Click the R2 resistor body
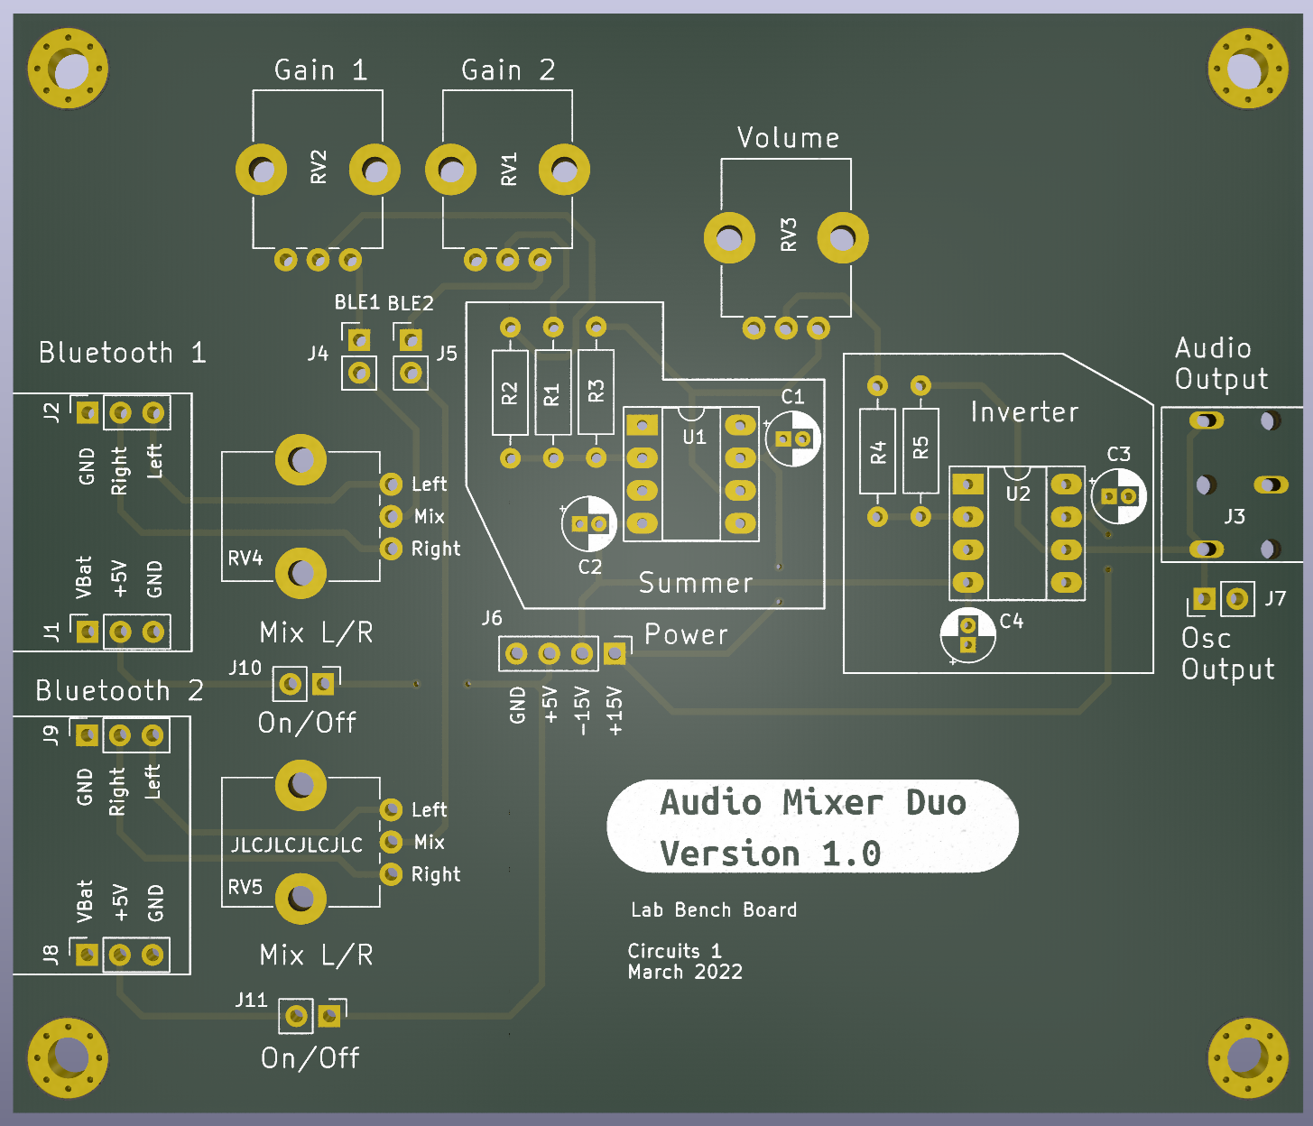click(x=510, y=392)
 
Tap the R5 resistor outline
click(x=920, y=451)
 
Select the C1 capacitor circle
click(x=792, y=438)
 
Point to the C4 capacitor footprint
click(x=967, y=635)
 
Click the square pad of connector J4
click(x=359, y=340)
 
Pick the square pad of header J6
click(x=615, y=653)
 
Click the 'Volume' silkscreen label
click(x=789, y=138)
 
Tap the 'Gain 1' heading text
click(x=320, y=69)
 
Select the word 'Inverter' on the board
click(x=1024, y=412)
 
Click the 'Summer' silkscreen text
click(x=696, y=582)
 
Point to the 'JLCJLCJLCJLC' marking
click(x=297, y=844)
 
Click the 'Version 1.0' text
click(x=771, y=853)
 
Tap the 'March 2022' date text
click(x=685, y=972)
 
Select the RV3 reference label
click(x=789, y=235)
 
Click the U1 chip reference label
click(x=694, y=437)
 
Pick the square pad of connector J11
click(x=329, y=1016)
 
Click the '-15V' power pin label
click(x=582, y=711)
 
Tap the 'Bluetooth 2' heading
click(x=119, y=690)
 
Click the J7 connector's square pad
click(x=1205, y=598)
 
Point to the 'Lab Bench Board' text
click(x=714, y=910)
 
